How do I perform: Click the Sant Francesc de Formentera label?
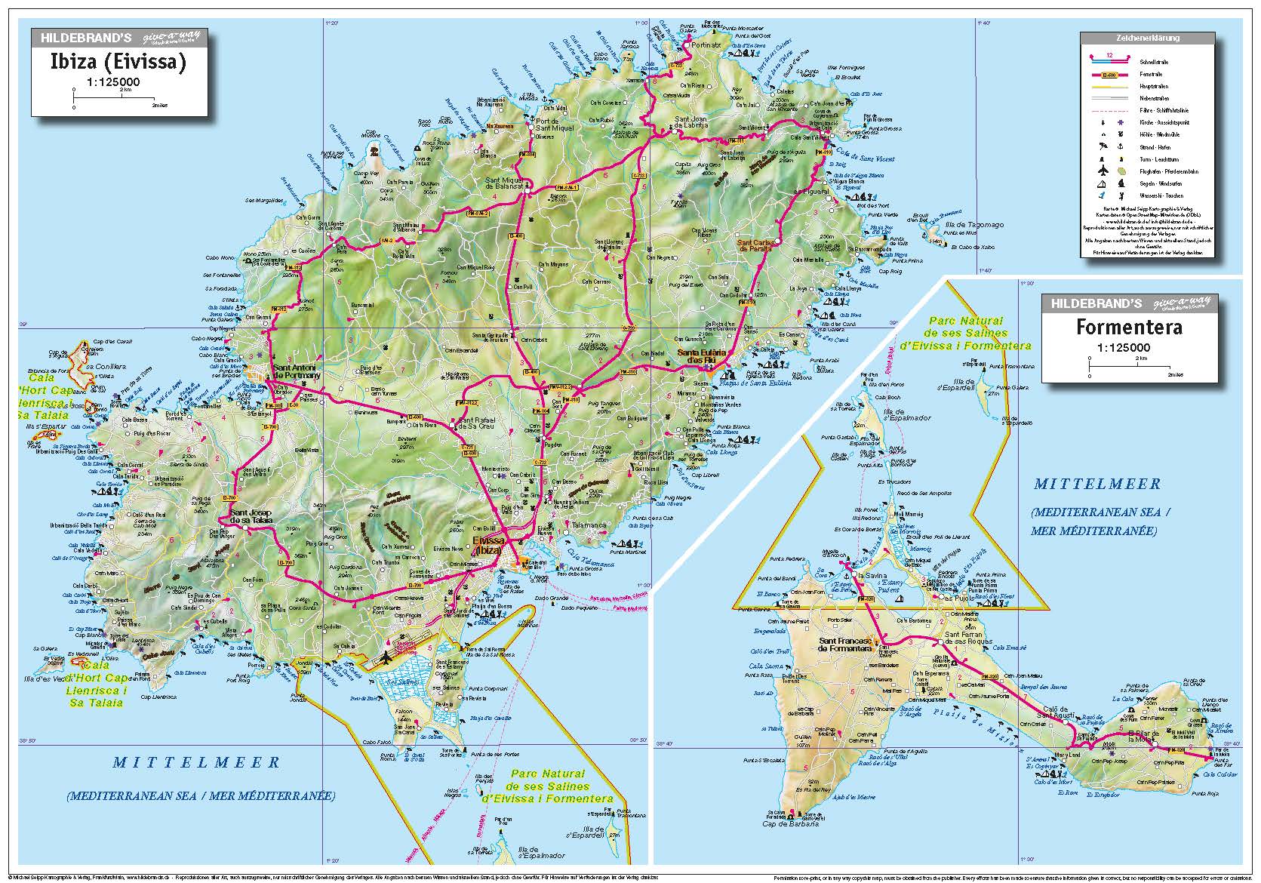click(x=845, y=645)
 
